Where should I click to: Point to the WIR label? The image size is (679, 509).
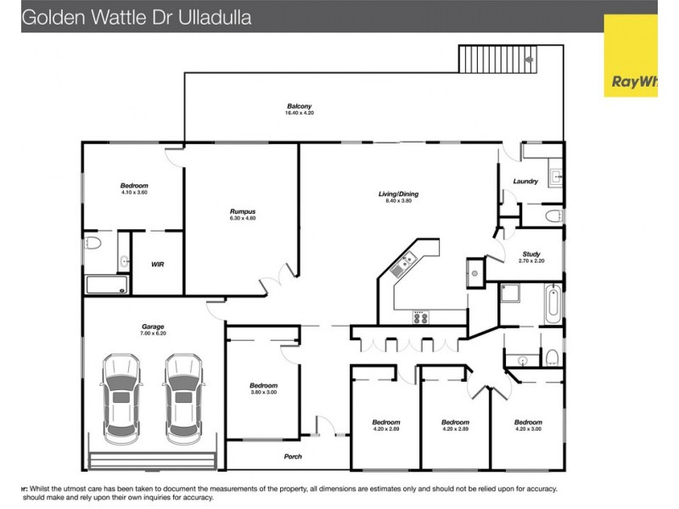[157, 265]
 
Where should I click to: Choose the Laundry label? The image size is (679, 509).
[526, 182]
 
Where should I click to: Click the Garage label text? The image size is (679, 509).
[153, 327]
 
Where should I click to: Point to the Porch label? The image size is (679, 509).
[292, 456]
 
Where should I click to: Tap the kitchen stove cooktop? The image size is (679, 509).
[421, 317]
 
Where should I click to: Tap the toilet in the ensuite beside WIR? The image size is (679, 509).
[93, 243]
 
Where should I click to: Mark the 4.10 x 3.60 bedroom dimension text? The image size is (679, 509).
[134, 193]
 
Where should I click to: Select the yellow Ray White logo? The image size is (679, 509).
[630, 55]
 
